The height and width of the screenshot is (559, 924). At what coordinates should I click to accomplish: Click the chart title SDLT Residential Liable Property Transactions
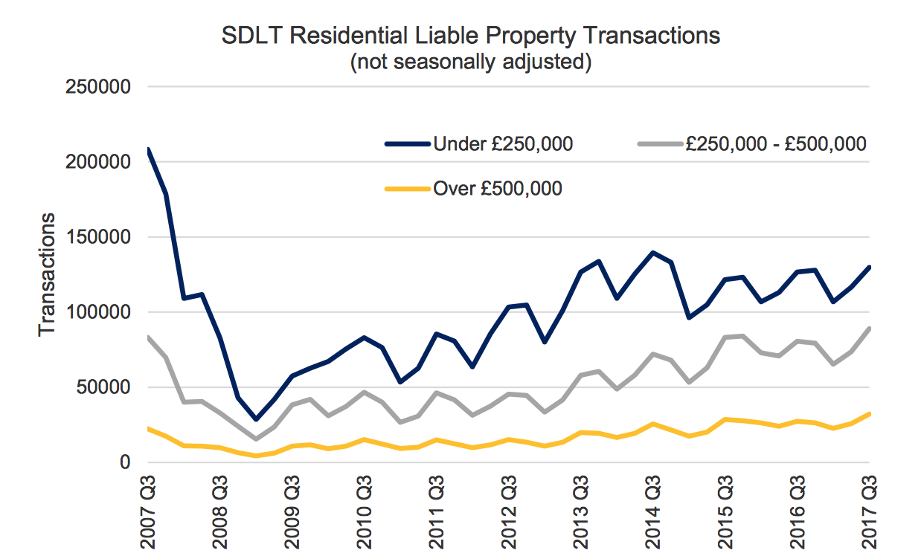(x=470, y=36)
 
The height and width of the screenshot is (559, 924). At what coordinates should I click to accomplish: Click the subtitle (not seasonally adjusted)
(x=470, y=62)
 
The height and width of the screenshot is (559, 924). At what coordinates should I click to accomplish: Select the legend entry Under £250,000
(x=502, y=144)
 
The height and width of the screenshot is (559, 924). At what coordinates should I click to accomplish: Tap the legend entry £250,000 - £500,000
(x=775, y=144)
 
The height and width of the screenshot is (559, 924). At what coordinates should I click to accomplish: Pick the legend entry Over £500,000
(x=497, y=189)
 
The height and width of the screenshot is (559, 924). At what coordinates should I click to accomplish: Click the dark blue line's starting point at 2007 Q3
(x=149, y=150)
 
